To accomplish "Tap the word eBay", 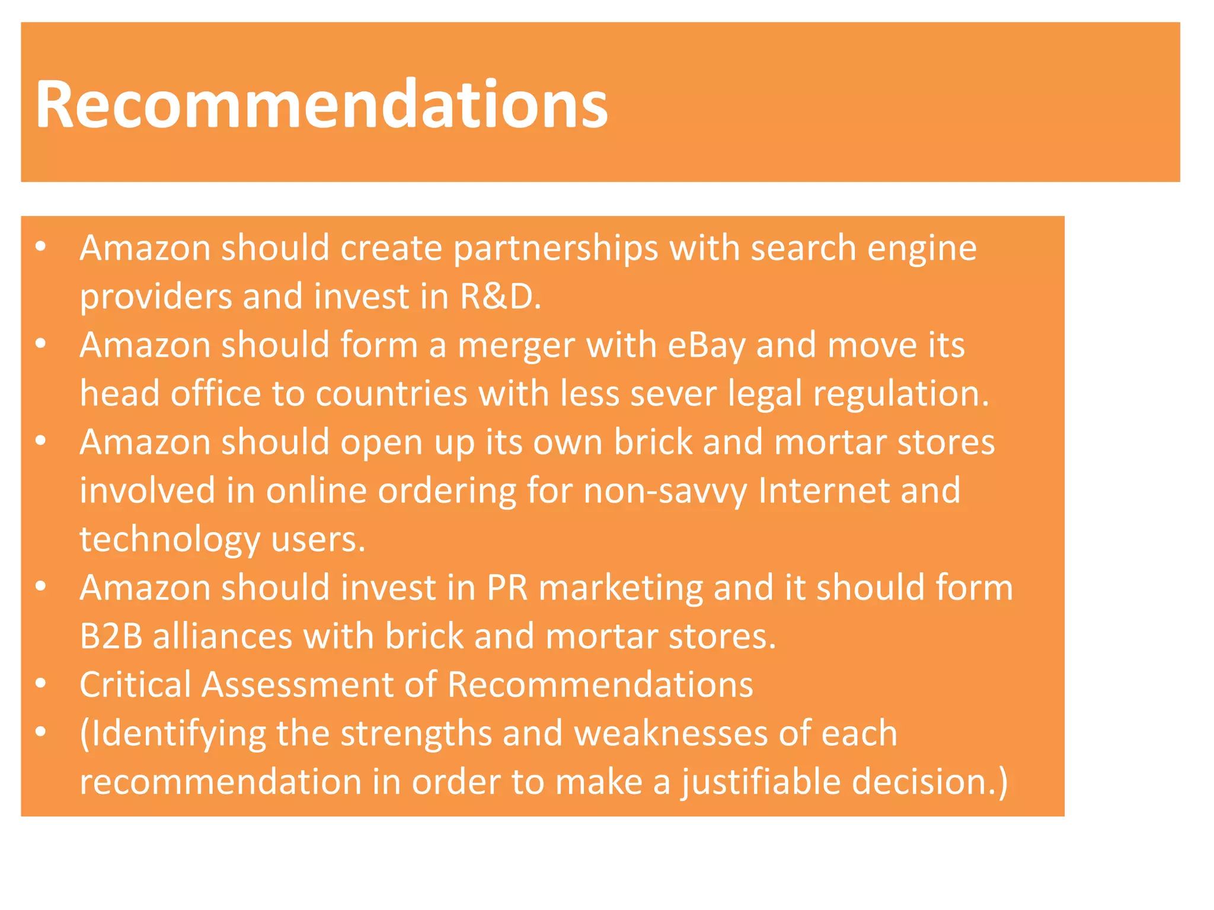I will (706, 345).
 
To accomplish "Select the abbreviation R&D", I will (499, 296).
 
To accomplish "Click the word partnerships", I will (555, 248).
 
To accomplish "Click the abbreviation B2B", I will (111, 636).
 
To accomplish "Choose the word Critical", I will (135, 685).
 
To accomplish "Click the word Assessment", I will (298, 685).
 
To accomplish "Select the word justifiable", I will (761, 783).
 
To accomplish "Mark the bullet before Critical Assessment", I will (40, 684).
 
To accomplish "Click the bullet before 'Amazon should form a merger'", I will (40, 344).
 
